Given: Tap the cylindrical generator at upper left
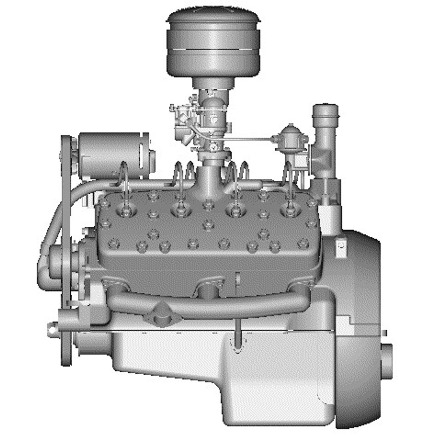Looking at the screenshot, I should coord(110,154).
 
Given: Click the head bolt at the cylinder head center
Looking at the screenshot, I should coord(208,223).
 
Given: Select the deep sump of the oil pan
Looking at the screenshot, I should coord(280,385).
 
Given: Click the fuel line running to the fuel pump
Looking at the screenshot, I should coord(244,140).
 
